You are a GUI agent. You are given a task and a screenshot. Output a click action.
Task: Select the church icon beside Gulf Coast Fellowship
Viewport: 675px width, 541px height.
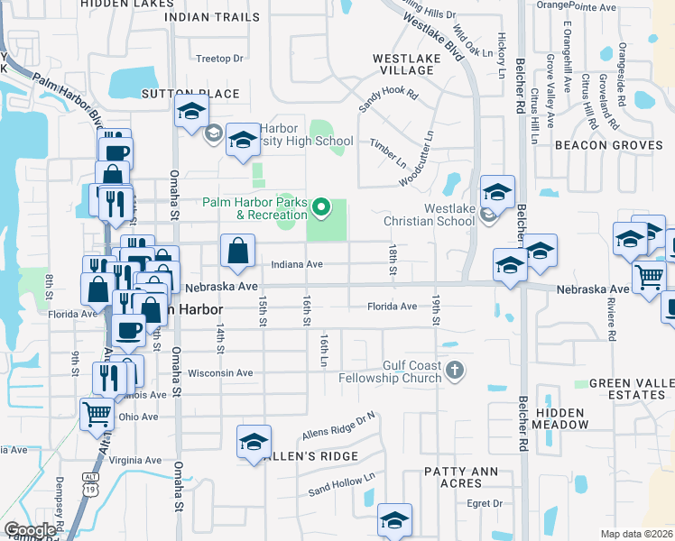click(x=456, y=370)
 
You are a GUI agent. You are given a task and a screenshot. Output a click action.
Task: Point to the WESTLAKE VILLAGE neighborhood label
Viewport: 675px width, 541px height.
click(x=404, y=63)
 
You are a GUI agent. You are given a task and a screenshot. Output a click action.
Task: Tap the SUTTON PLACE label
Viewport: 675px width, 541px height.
click(x=190, y=94)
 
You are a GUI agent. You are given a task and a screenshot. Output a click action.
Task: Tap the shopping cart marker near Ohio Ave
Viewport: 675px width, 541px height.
click(x=97, y=415)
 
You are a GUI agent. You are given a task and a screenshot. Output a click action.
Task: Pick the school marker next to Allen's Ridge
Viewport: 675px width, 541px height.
click(x=254, y=442)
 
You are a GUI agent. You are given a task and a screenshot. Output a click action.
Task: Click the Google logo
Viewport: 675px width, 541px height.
click(x=30, y=530)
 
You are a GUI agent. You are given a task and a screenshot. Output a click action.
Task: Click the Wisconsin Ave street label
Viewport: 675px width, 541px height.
click(x=220, y=372)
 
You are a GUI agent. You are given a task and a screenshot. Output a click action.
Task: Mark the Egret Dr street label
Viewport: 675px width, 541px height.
click(x=485, y=503)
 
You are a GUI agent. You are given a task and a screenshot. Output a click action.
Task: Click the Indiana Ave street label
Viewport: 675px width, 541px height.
click(x=297, y=265)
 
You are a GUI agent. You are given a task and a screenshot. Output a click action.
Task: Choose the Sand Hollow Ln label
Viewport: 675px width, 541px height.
click(x=340, y=485)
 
